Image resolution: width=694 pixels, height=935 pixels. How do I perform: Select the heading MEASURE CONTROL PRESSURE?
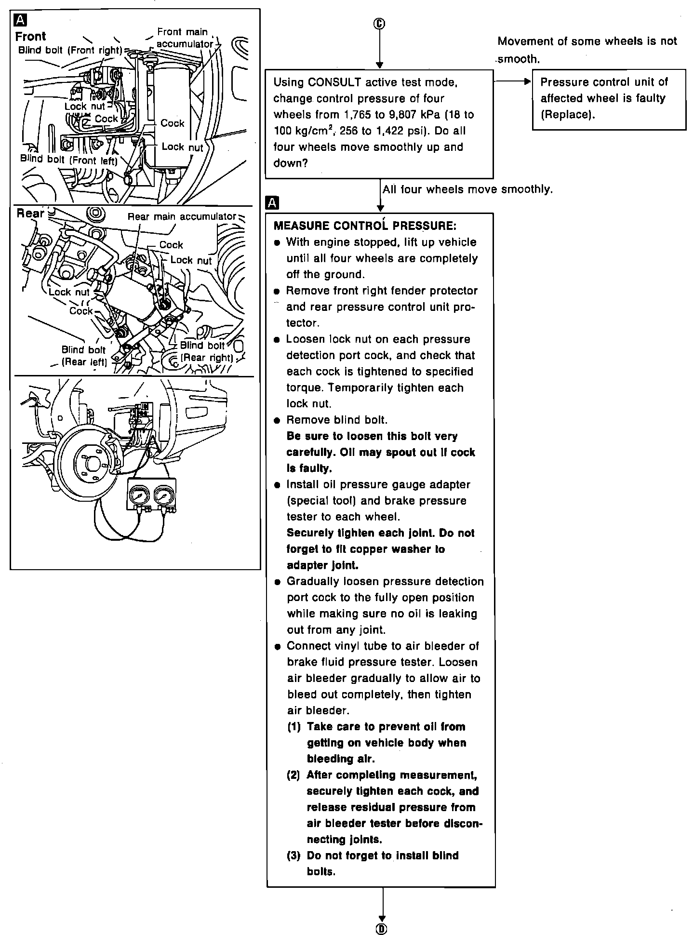click(x=365, y=226)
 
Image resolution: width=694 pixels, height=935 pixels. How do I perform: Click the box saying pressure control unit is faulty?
click(x=609, y=99)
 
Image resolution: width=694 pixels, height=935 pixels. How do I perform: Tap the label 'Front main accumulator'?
click(x=185, y=38)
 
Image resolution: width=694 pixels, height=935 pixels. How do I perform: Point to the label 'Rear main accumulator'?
click(x=182, y=217)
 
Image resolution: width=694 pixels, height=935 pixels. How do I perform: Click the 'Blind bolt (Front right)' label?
click(x=70, y=50)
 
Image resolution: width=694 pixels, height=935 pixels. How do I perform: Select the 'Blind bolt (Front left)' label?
click(x=68, y=160)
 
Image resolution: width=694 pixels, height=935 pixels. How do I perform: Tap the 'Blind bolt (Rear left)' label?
click(x=83, y=356)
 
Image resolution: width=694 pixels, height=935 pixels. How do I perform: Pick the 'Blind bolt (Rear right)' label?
click(x=206, y=351)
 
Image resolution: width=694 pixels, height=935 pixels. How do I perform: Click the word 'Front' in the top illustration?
click(x=30, y=37)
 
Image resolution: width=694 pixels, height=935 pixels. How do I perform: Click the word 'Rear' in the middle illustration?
click(x=30, y=214)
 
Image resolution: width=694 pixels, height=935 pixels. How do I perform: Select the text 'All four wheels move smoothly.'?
click(x=467, y=189)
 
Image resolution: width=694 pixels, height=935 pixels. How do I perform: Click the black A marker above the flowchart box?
click(x=272, y=203)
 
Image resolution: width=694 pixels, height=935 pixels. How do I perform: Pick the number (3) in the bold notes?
click(x=294, y=855)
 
